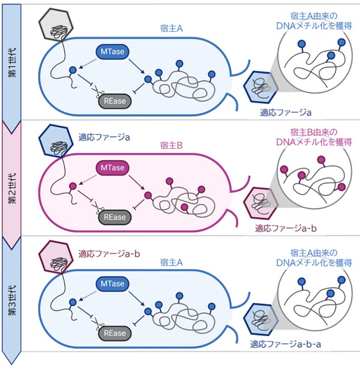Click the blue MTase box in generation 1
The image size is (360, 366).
(112, 51)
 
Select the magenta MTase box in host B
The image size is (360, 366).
(112, 168)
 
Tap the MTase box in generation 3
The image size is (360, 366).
(112, 283)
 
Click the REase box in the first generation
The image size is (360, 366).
(115, 101)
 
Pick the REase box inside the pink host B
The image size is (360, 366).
(115, 217)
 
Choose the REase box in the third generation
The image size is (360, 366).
(115, 333)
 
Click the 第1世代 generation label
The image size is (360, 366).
(12, 63)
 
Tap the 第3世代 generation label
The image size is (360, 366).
(12, 300)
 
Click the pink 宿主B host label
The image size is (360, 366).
(171, 146)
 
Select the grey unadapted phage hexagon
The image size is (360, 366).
(56, 24)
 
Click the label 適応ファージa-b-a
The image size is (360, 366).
(285, 344)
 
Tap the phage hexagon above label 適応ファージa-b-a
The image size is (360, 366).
(261, 319)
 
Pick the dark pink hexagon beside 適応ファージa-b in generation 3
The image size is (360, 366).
(56, 257)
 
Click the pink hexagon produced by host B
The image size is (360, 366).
(261, 203)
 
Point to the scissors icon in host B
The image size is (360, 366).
(97, 208)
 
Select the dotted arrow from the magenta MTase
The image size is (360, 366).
(88, 179)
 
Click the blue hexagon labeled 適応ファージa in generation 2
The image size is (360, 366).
(56, 141)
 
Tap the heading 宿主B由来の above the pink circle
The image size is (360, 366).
(314, 132)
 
